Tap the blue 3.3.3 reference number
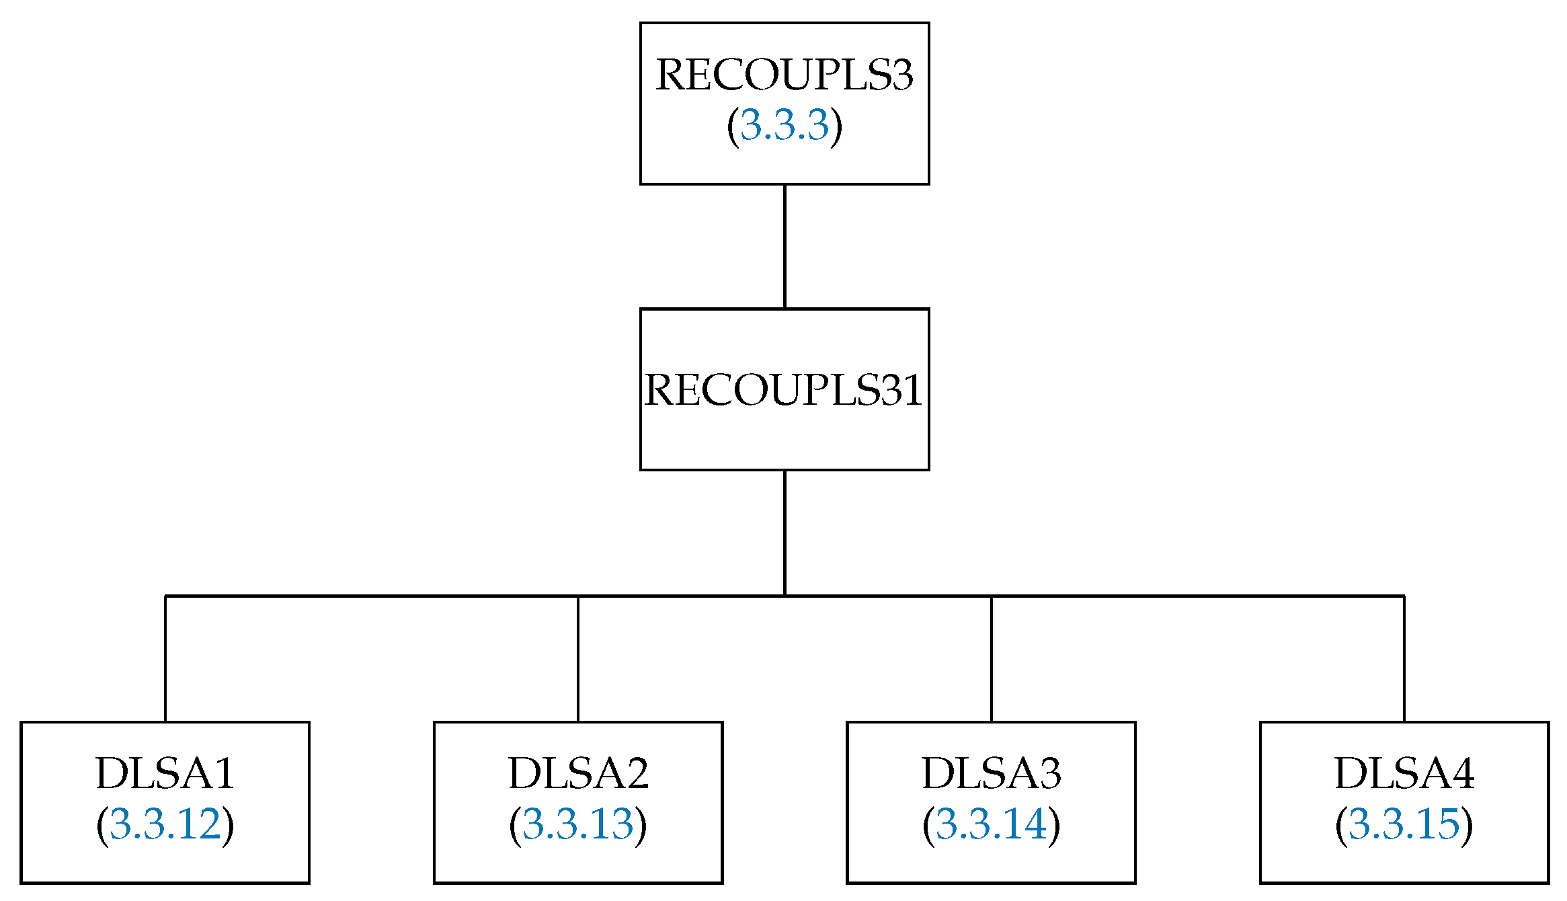click(785, 125)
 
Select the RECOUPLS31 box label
click(784, 390)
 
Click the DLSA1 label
click(165, 773)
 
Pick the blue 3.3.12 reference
click(165, 824)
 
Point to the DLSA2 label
click(578, 773)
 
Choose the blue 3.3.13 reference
click(578, 824)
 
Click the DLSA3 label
click(992, 773)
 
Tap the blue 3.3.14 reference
click(992, 824)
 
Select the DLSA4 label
click(1404, 773)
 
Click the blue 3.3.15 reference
click(1404, 824)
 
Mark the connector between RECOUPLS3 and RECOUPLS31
click(785, 246)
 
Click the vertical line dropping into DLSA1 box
click(165, 659)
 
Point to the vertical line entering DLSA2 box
click(578, 659)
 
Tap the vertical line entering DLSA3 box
click(992, 659)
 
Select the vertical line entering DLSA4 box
click(1404, 659)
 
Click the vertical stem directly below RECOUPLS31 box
click(785, 533)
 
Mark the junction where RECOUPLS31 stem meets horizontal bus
click(785, 596)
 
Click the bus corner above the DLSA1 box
click(165, 596)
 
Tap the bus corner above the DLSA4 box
click(1404, 596)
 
